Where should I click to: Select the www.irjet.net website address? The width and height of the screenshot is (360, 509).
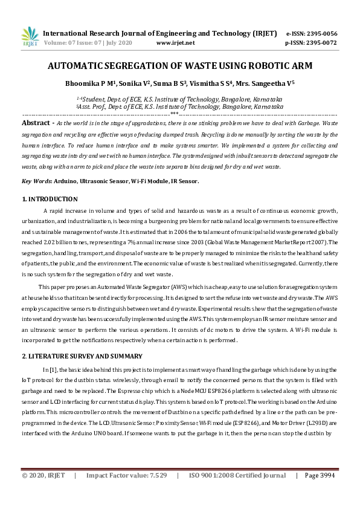[x=175, y=44]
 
